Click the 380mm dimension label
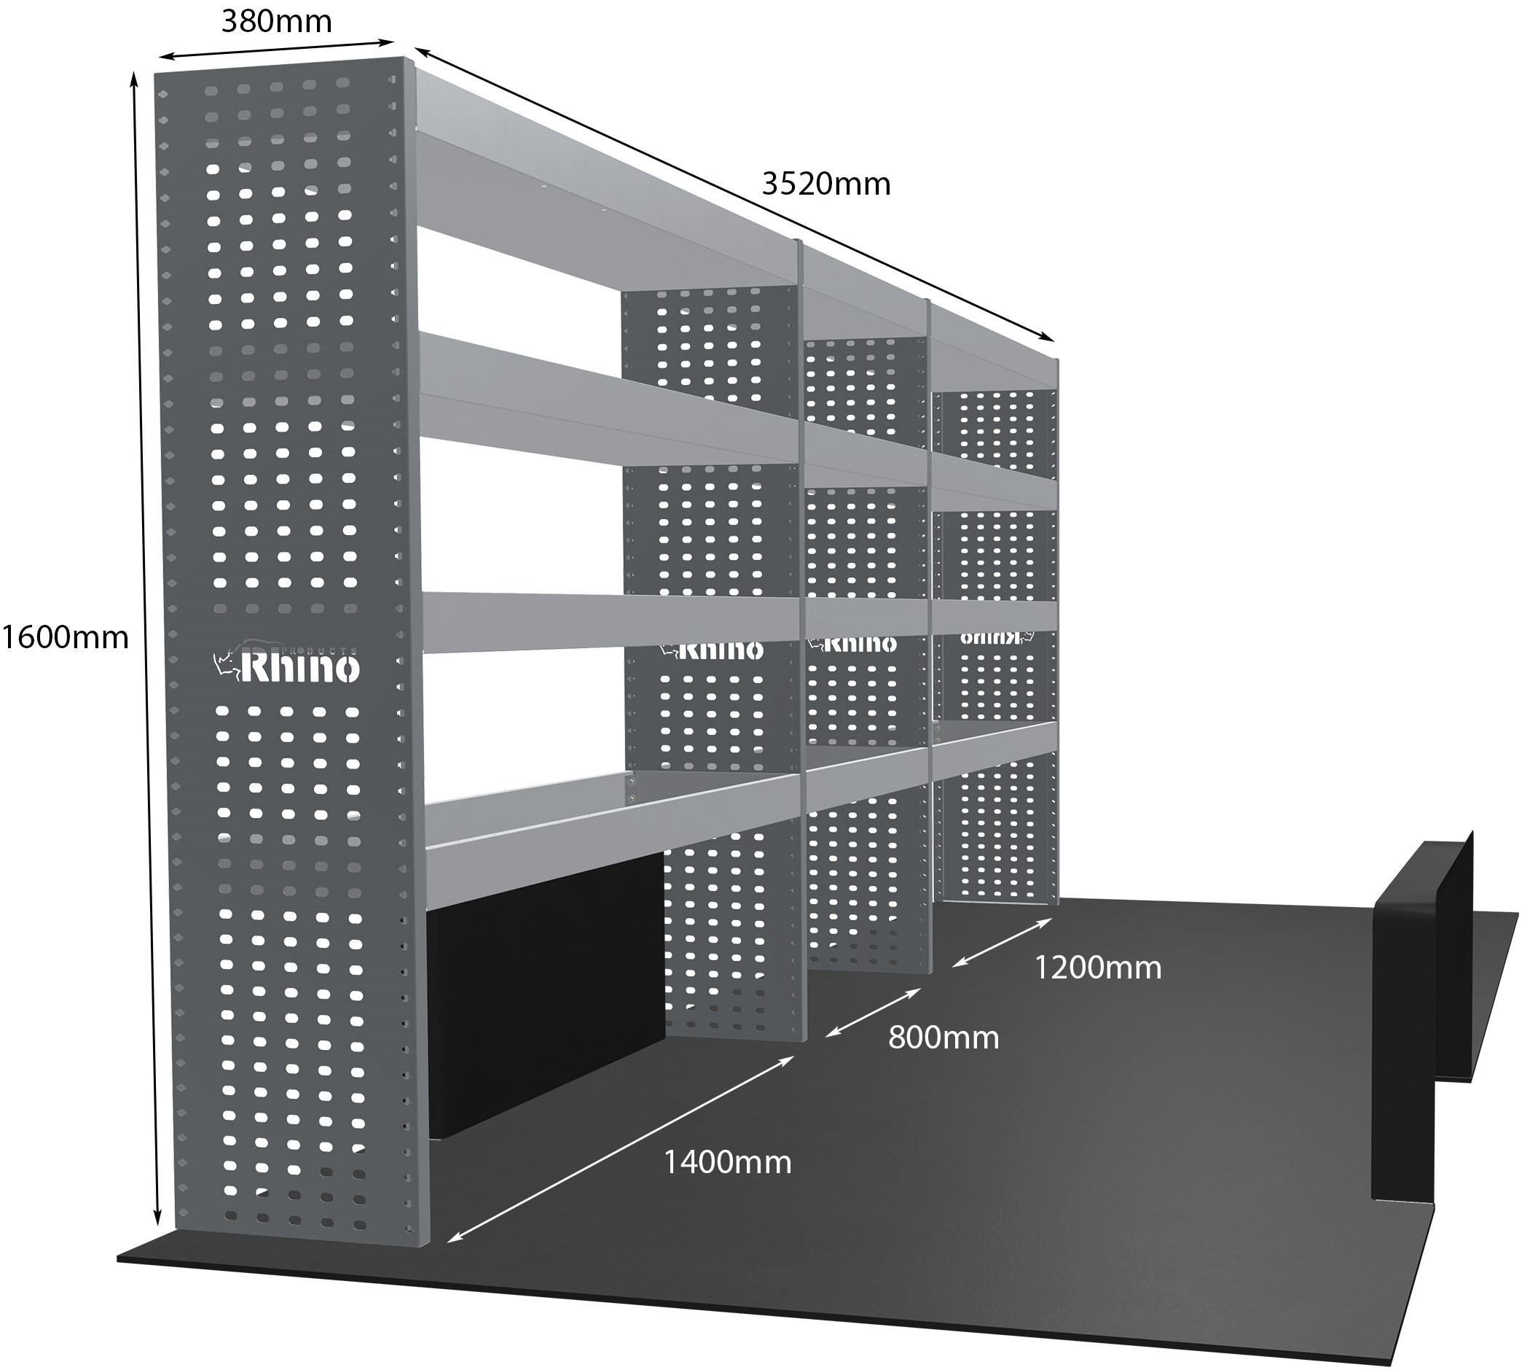(276, 23)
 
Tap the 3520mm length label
(825, 184)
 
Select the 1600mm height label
(65, 637)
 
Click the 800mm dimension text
(944, 1038)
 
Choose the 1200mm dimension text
(1098, 968)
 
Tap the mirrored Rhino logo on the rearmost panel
(997, 637)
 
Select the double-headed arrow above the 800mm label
(873, 1013)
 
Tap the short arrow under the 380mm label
(277, 49)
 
